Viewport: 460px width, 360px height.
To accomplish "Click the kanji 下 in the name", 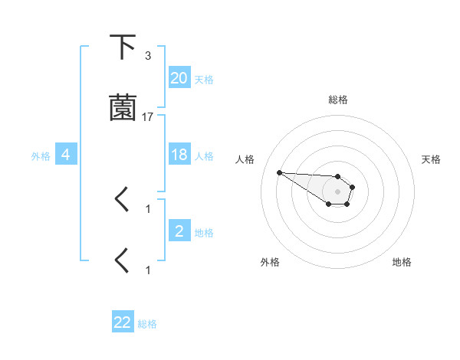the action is [123, 47].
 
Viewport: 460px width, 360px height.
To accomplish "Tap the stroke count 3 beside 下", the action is [148, 56].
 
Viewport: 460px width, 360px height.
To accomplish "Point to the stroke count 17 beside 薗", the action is [148, 117].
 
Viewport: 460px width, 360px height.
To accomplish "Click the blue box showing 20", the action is [179, 78].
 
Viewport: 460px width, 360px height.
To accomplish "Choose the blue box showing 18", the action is [179, 155].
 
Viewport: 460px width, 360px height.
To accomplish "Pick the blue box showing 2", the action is [179, 231].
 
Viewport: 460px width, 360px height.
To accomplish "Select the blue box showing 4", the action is [66, 155].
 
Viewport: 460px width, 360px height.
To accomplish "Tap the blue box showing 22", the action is [123, 322].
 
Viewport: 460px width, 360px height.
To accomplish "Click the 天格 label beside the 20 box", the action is [204, 80].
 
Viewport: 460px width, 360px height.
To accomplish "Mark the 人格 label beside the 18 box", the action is [204, 156].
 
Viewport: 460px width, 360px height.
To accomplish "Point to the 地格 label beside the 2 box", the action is [204, 233].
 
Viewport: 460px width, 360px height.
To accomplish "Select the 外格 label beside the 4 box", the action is [41, 156].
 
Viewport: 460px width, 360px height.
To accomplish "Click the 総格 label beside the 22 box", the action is [147, 324].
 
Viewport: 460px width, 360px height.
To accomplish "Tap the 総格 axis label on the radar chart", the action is [338, 100].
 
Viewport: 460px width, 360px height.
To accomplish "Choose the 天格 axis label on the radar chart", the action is [431, 159].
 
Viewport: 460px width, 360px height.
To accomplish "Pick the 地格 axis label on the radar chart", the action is [402, 262].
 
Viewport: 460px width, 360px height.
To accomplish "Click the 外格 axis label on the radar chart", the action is [270, 262].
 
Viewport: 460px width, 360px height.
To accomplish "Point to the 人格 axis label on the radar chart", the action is [245, 159].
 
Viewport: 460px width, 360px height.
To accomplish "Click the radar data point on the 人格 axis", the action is [279, 172].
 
